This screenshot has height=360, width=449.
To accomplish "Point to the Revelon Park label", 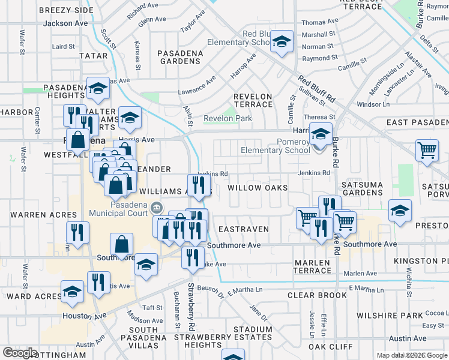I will pyautogui.click(x=228, y=119).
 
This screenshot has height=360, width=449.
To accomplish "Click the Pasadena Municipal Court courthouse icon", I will pyautogui.click(x=157, y=208).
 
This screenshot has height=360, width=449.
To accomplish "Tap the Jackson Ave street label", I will pyautogui.click(x=65, y=23).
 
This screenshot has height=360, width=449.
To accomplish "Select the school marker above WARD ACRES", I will pyautogui.click(x=72, y=292).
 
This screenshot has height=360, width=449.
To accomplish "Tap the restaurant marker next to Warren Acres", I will pyautogui.click(x=77, y=232).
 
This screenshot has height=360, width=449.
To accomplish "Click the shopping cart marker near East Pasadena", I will pyautogui.click(x=427, y=150).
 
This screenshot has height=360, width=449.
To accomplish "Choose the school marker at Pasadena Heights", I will pyautogui.click(x=98, y=89).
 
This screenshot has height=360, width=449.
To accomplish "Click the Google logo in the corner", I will pyautogui.click(x=20, y=353).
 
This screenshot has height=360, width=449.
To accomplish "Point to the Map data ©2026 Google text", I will pyautogui.click(x=412, y=355).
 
